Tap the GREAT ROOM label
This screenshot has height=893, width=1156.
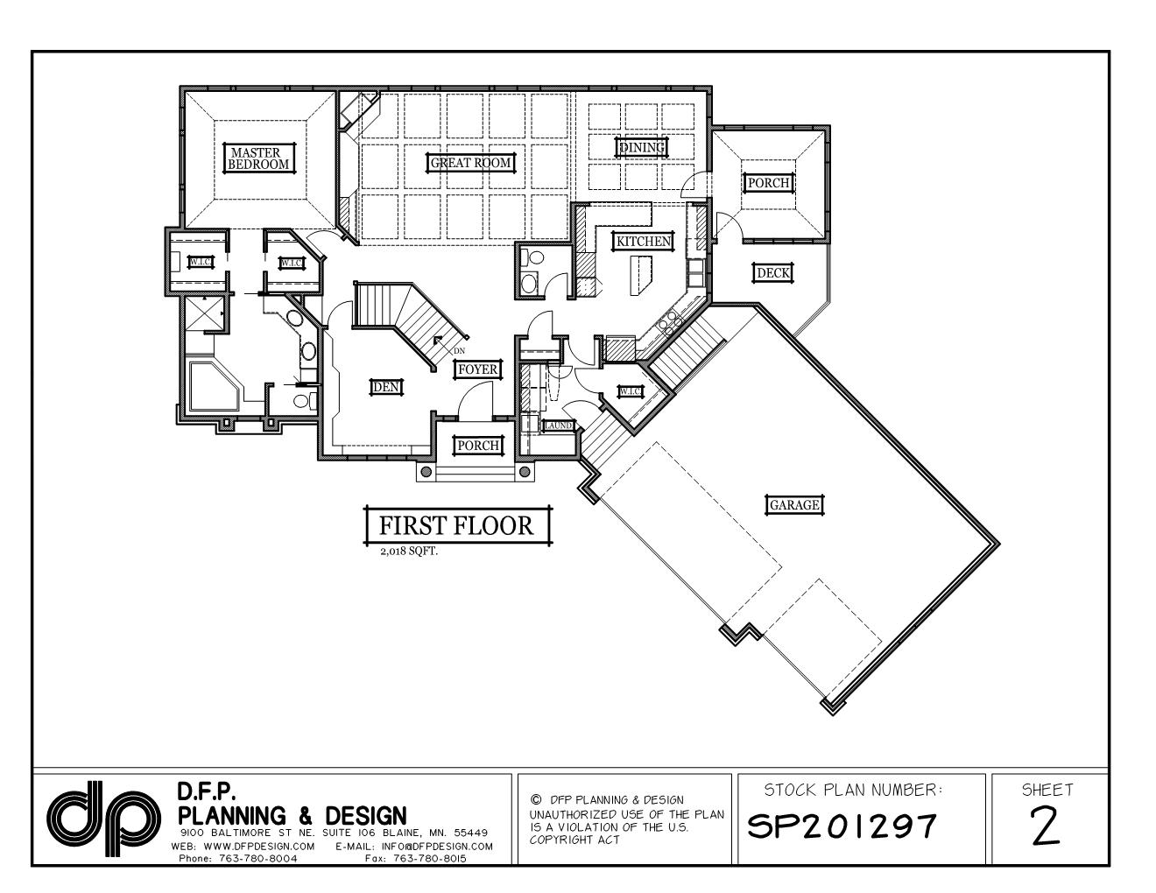click(x=470, y=162)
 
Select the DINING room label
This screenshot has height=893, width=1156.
click(x=643, y=147)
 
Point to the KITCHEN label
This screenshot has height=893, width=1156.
click(x=644, y=241)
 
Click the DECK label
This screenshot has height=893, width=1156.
click(x=773, y=273)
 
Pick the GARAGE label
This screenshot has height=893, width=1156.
click(x=794, y=504)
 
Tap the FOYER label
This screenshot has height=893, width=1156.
click(x=478, y=369)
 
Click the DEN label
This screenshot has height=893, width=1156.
click(x=385, y=386)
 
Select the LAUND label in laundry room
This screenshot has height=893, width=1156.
click(x=558, y=425)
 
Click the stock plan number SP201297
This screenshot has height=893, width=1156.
click(x=842, y=826)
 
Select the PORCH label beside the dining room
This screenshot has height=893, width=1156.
click(x=769, y=183)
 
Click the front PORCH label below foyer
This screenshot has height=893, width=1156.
click(x=478, y=446)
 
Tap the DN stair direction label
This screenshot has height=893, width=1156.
click(x=459, y=351)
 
